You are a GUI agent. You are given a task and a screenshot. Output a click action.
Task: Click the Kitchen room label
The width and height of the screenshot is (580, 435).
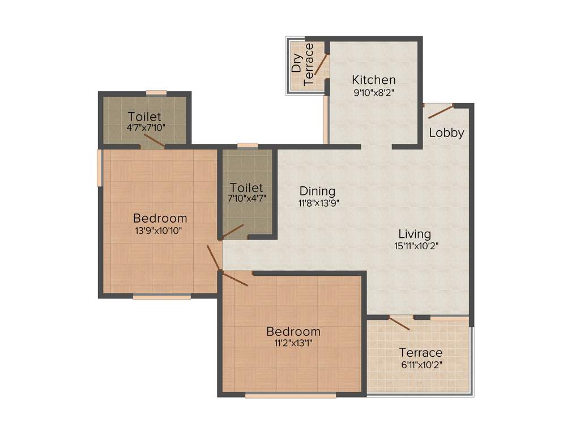373,79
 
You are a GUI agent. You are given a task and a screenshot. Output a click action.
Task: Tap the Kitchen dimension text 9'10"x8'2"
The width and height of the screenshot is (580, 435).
373,93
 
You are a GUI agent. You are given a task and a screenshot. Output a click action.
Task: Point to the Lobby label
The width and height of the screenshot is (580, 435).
446,133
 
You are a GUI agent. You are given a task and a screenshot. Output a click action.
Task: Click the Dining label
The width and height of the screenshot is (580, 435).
317,191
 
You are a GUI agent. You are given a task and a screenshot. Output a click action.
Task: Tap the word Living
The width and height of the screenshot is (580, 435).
414,233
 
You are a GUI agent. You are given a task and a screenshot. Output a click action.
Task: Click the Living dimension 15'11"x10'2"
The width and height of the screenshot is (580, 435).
417,246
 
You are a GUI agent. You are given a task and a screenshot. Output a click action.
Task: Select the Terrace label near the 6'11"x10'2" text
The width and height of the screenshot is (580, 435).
421,353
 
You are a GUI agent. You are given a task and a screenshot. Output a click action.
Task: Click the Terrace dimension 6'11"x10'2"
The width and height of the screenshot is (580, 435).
421,365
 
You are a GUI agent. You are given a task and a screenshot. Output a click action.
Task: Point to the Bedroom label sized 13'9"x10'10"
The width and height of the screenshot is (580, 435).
160,218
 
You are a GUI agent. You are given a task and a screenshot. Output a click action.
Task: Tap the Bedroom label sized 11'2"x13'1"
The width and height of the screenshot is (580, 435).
293,331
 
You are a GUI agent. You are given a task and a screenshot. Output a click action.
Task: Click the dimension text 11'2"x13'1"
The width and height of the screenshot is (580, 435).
293,343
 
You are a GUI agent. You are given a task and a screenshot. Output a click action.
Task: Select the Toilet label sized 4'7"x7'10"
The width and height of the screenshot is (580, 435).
144,117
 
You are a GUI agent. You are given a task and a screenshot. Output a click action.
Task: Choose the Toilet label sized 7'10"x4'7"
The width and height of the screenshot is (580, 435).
246,187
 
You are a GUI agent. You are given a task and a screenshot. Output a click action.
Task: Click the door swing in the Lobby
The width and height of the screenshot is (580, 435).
441,111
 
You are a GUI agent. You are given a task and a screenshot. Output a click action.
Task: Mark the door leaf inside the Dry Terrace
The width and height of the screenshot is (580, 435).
321,64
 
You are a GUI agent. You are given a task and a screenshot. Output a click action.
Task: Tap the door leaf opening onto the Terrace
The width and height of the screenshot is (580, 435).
399,323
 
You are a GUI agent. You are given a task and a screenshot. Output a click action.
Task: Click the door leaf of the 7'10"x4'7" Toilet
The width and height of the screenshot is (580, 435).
233,231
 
